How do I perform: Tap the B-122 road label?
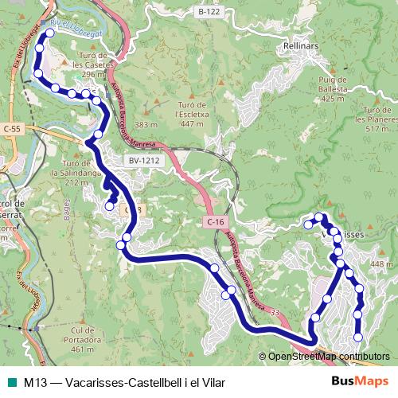208,12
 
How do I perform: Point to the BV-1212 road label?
144,161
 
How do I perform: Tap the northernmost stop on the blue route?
49,33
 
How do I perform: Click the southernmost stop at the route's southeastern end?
357,338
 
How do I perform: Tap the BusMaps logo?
360,381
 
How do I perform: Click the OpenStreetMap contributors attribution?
329,357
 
